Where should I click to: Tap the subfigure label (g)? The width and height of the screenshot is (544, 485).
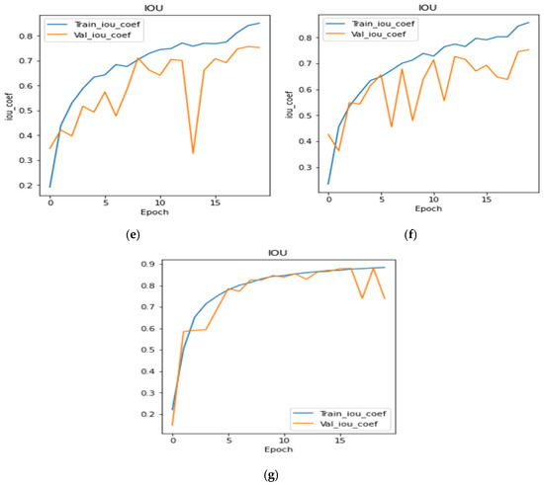(272, 475)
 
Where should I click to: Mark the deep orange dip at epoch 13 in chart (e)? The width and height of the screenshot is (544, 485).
(193, 153)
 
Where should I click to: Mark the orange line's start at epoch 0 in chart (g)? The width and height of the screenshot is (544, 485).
(173, 426)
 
